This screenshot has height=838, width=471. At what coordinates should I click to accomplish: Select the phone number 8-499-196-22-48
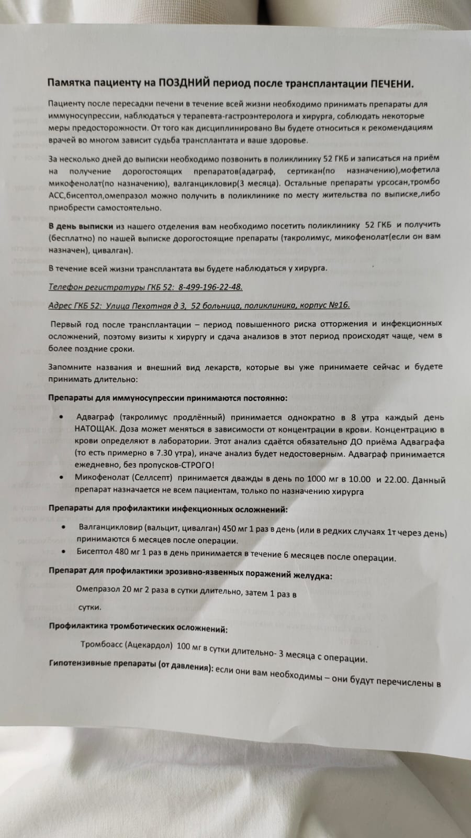[x=210, y=287]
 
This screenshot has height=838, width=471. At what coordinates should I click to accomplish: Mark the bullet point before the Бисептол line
[x=63, y=552]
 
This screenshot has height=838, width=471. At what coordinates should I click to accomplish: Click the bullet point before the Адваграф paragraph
[x=62, y=417]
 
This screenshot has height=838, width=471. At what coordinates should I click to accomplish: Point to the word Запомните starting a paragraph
[x=69, y=367]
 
